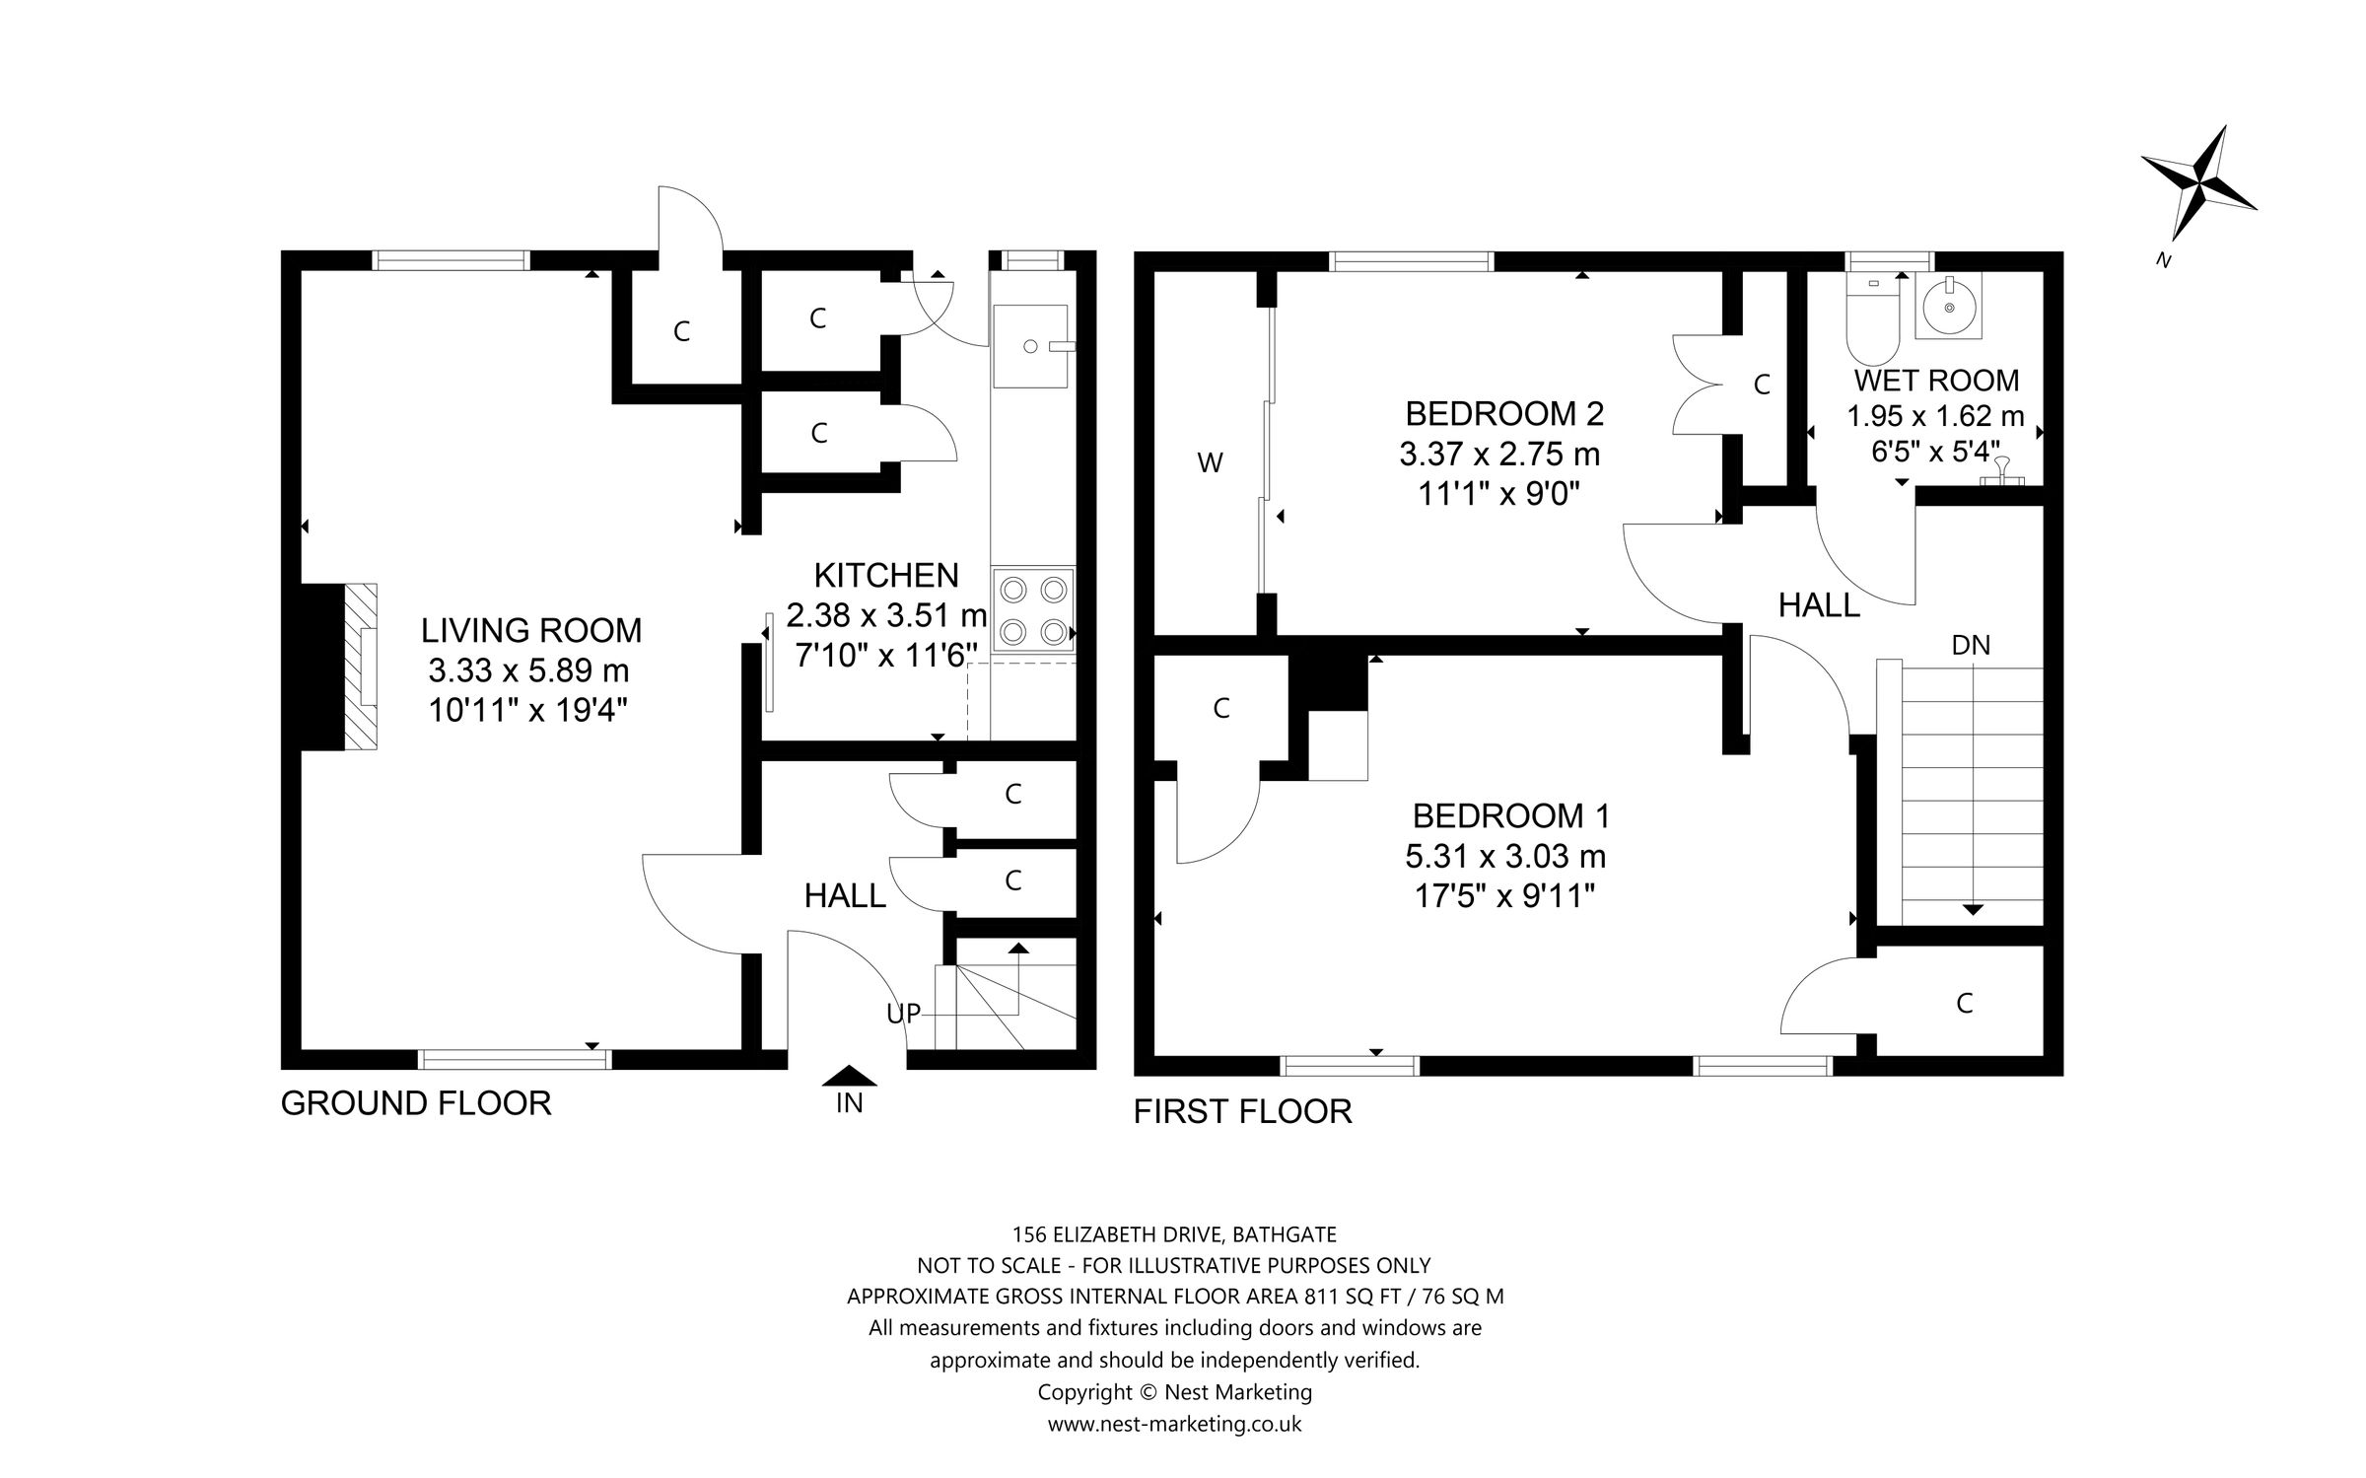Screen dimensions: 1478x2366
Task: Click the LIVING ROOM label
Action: (x=531, y=630)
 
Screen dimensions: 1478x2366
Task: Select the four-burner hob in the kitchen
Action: (x=1033, y=609)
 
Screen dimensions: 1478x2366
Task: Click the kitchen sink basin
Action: (x=1030, y=346)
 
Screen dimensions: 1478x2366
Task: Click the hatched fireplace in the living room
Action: (x=360, y=667)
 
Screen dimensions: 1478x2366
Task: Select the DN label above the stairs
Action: (x=1971, y=645)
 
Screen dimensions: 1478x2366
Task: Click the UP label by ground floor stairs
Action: (x=903, y=1013)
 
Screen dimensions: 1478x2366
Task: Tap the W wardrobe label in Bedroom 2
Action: (x=1210, y=462)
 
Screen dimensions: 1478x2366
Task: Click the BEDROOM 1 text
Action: (x=1510, y=815)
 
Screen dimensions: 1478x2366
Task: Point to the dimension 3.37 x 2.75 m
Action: (x=1499, y=455)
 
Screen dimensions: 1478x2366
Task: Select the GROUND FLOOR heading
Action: (x=416, y=1103)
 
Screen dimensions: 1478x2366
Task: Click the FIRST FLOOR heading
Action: (x=1242, y=1112)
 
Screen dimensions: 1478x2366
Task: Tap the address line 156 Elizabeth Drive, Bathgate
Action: (x=1174, y=1233)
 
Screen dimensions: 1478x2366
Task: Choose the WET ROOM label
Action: (x=1936, y=381)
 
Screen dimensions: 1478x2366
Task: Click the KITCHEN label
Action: (x=885, y=575)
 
